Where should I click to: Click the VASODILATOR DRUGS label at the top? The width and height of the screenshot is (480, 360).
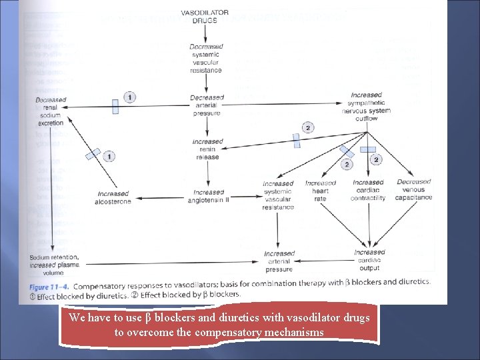pyautogui.click(x=205, y=17)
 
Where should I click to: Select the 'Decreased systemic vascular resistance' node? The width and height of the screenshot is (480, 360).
pyautogui.click(x=206, y=58)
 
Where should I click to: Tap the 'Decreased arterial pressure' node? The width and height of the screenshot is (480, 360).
pyautogui.click(x=207, y=103)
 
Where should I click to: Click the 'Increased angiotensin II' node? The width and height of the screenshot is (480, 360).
pyautogui.click(x=207, y=197)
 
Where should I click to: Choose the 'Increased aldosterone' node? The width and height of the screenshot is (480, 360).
pyautogui.click(x=113, y=197)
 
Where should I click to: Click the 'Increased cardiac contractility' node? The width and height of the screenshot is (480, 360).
pyautogui.click(x=369, y=189)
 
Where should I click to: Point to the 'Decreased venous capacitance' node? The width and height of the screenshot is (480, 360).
pyautogui.click(x=414, y=189)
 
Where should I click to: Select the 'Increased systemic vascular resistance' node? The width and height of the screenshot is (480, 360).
pyautogui.click(x=278, y=195)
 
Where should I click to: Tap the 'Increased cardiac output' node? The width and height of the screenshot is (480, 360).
pyautogui.click(x=369, y=260)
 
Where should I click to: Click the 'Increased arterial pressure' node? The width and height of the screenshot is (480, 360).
pyautogui.click(x=279, y=261)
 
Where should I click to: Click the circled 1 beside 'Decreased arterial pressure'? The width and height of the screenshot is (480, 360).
pyautogui.click(x=129, y=97)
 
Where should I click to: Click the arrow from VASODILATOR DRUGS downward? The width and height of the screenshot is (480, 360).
pyautogui.click(x=206, y=35)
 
